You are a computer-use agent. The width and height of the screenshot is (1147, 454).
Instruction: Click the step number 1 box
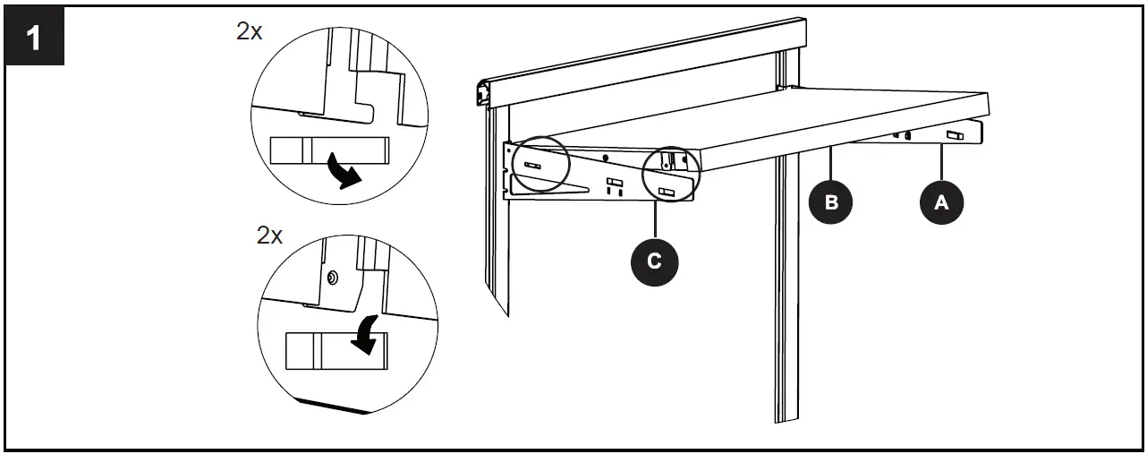pos(36,41)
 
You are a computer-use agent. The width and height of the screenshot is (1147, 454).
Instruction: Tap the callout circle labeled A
pos(941,203)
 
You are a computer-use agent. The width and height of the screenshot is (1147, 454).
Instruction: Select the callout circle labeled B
pos(831,201)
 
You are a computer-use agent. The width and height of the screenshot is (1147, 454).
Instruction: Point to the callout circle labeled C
pos(654,261)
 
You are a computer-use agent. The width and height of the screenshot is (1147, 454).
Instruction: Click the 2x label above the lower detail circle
pos(269,236)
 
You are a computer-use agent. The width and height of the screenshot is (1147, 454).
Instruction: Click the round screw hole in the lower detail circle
pos(333,278)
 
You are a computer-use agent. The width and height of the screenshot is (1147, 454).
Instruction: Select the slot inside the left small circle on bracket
pos(534,165)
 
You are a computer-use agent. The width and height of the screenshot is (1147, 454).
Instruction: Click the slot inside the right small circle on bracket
pos(667,192)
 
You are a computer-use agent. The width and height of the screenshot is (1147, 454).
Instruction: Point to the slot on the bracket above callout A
pos(955,136)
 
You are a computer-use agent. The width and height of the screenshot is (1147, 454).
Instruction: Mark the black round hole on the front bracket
pos(606,158)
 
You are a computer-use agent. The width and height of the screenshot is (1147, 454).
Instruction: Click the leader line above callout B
pos(831,165)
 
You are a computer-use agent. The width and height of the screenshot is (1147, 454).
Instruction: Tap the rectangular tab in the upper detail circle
pos(327,150)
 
